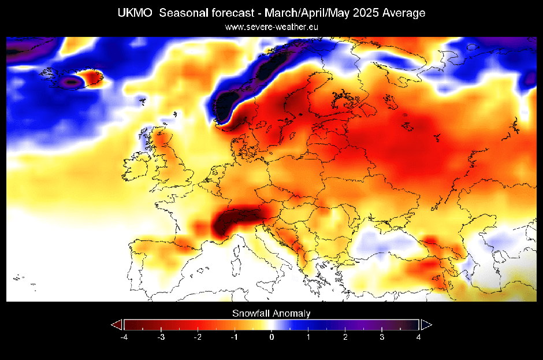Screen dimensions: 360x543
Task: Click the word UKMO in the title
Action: click(x=133, y=13)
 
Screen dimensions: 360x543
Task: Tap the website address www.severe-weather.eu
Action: click(x=271, y=27)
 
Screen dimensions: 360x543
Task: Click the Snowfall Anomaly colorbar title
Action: click(x=271, y=314)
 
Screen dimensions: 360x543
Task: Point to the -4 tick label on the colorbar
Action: click(x=124, y=336)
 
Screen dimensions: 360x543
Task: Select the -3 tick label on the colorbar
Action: click(x=161, y=336)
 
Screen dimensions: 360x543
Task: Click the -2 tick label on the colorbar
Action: click(x=198, y=336)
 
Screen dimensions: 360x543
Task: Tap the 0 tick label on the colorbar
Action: click(x=271, y=336)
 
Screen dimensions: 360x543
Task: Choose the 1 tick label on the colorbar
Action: click(x=308, y=336)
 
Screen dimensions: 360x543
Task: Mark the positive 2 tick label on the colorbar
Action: click(x=345, y=336)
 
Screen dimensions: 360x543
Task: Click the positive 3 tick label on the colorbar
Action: click(x=382, y=336)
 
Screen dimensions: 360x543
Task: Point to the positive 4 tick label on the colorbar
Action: click(x=419, y=336)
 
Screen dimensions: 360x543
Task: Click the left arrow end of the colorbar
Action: click(x=117, y=324)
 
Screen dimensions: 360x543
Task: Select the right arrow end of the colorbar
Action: click(x=426, y=324)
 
